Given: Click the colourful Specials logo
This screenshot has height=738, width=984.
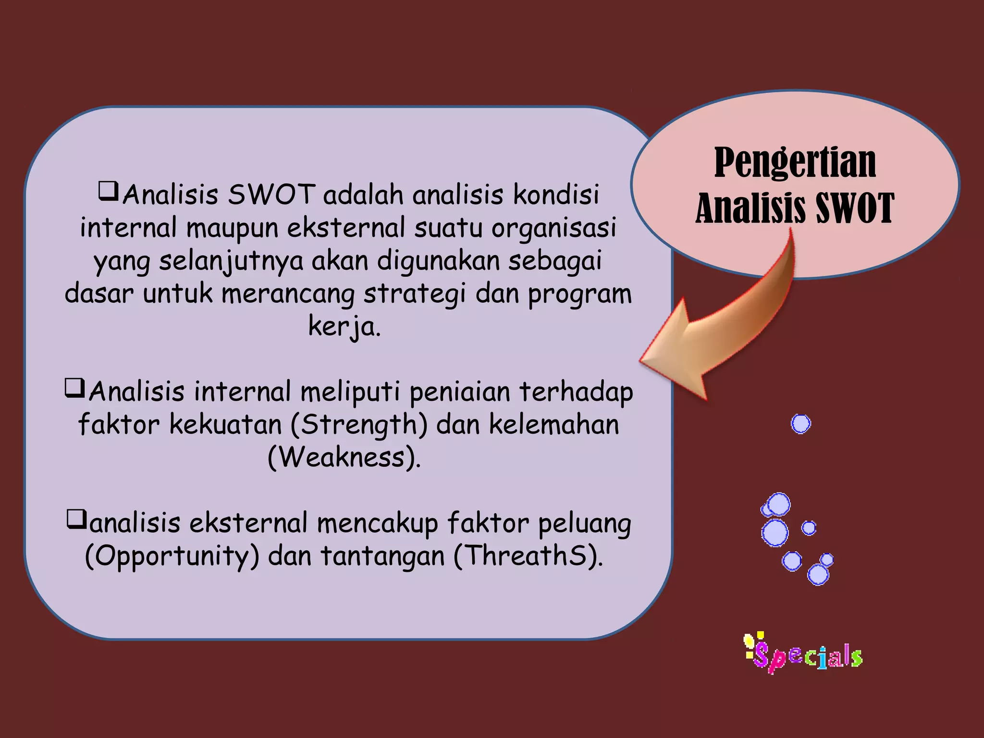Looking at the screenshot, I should coord(804,654).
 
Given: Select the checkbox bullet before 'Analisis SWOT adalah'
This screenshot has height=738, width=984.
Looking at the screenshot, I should coord(108,191).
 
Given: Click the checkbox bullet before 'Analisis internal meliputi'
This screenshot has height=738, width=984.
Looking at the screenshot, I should coord(75,388).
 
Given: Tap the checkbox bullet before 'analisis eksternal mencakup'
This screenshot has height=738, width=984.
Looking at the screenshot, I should coord(77,519).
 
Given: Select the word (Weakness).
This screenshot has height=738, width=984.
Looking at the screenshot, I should coord(344,457).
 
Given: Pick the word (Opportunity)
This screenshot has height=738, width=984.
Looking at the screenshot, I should coord(172,556).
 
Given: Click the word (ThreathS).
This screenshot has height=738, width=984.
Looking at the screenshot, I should coord(528,556).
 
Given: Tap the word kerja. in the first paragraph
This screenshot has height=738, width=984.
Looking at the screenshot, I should coord(344,327).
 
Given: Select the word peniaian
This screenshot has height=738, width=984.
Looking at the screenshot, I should coord(460,392).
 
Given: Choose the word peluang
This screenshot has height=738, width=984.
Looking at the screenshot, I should coord(584,524).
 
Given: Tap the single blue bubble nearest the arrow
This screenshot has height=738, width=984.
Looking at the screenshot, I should coord(800,424).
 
